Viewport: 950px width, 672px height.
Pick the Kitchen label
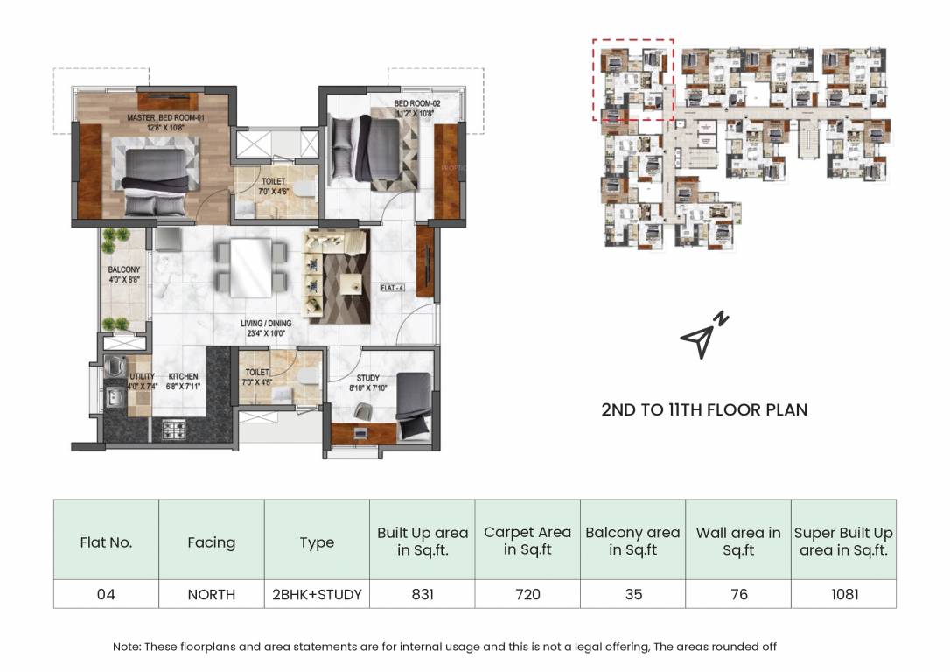point(183,381)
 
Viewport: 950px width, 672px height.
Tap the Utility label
point(142,381)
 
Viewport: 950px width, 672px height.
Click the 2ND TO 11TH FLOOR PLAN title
point(704,409)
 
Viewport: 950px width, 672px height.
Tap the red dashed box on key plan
point(632,79)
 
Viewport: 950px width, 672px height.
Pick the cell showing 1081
point(842,594)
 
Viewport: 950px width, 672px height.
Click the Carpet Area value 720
point(527,594)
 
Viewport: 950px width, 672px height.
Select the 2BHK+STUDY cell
point(317,594)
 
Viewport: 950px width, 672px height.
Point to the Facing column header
point(211,542)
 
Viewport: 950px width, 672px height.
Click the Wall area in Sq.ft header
point(738,541)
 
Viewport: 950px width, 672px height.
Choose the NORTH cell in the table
point(211,594)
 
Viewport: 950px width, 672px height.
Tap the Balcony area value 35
point(633,594)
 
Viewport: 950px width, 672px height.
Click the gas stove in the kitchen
point(173,429)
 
